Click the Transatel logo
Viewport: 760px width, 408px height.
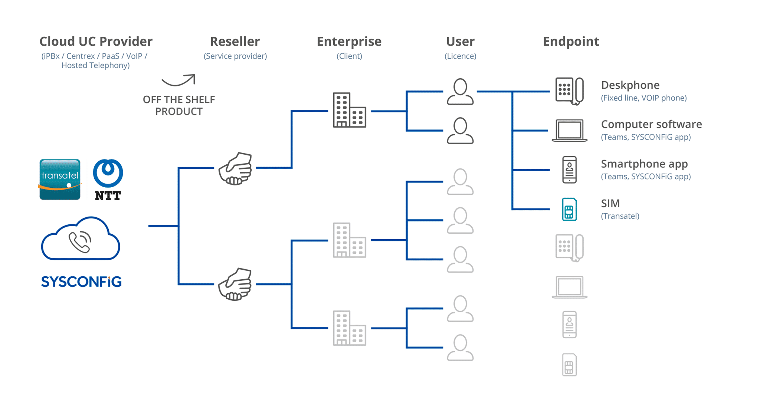pyautogui.click(x=60, y=180)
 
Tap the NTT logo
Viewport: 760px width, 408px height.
pyautogui.click(x=108, y=180)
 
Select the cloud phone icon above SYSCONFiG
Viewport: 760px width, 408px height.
pyautogui.click(x=81, y=239)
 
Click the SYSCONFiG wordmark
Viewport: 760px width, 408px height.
pyautogui.click(x=81, y=282)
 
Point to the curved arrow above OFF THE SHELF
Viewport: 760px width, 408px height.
pyautogui.click(x=178, y=80)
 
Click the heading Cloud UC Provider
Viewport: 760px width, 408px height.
pyautogui.click(x=96, y=42)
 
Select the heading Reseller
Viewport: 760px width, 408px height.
pyautogui.click(x=235, y=42)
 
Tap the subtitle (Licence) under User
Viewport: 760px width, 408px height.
pyautogui.click(x=460, y=56)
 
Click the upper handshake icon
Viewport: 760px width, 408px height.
pyautogui.click(x=236, y=169)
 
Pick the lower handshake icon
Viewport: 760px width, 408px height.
pyautogui.click(x=236, y=284)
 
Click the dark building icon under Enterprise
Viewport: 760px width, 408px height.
pyautogui.click(x=349, y=110)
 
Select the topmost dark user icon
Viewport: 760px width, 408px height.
pyautogui.click(x=460, y=92)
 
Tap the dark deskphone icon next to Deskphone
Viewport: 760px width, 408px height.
pyautogui.click(x=569, y=91)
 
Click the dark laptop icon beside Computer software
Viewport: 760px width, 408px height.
pyautogui.click(x=569, y=131)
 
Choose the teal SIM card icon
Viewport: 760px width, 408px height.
pyautogui.click(x=569, y=210)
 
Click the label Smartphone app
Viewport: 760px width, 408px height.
pyautogui.click(x=644, y=164)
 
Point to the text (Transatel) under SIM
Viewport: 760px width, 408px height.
pyautogui.click(x=620, y=216)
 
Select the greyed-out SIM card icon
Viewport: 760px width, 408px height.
pyautogui.click(x=569, y=365)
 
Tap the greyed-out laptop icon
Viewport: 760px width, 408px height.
pyautogui.click(x=569, y=287)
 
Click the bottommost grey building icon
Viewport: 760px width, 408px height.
pyautogui.click(x=349, y=328)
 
